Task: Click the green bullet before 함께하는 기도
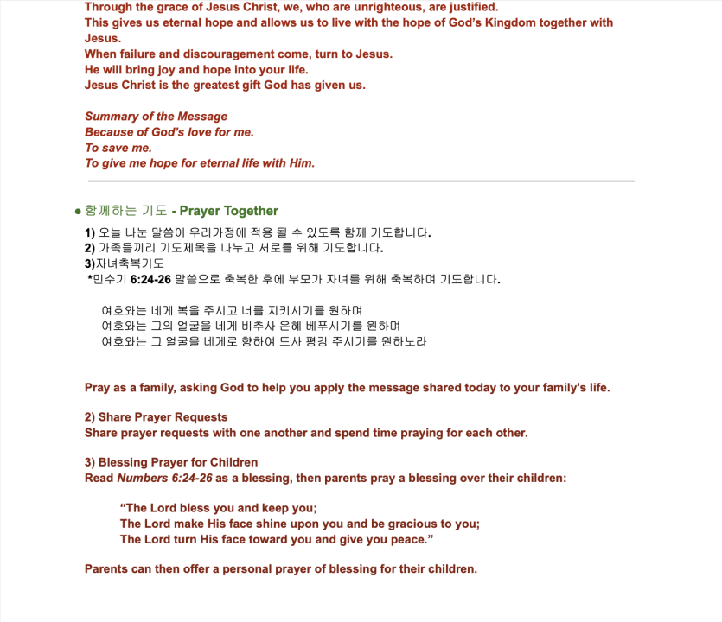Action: pos(78,211)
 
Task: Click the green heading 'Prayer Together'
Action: pos(229,211)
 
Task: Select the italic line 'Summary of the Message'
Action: pos(156,117)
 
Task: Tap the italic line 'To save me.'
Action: pos(118,148)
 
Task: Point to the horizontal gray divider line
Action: pos(361,181)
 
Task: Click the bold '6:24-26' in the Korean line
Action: pos(150,279)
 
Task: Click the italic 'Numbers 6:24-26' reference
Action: pos(165,478)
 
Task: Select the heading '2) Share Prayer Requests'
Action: pos(156,417)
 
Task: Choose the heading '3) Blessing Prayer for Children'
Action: pos(171,462)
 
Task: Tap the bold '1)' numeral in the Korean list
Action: pos(90,232)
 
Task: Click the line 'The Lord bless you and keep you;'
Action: pos(219,508)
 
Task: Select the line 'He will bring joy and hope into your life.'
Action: pos(196,69)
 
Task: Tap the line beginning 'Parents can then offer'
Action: pos(281,568)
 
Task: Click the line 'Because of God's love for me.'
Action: pos(169,132)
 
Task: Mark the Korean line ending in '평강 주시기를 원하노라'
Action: pos(264,341)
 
